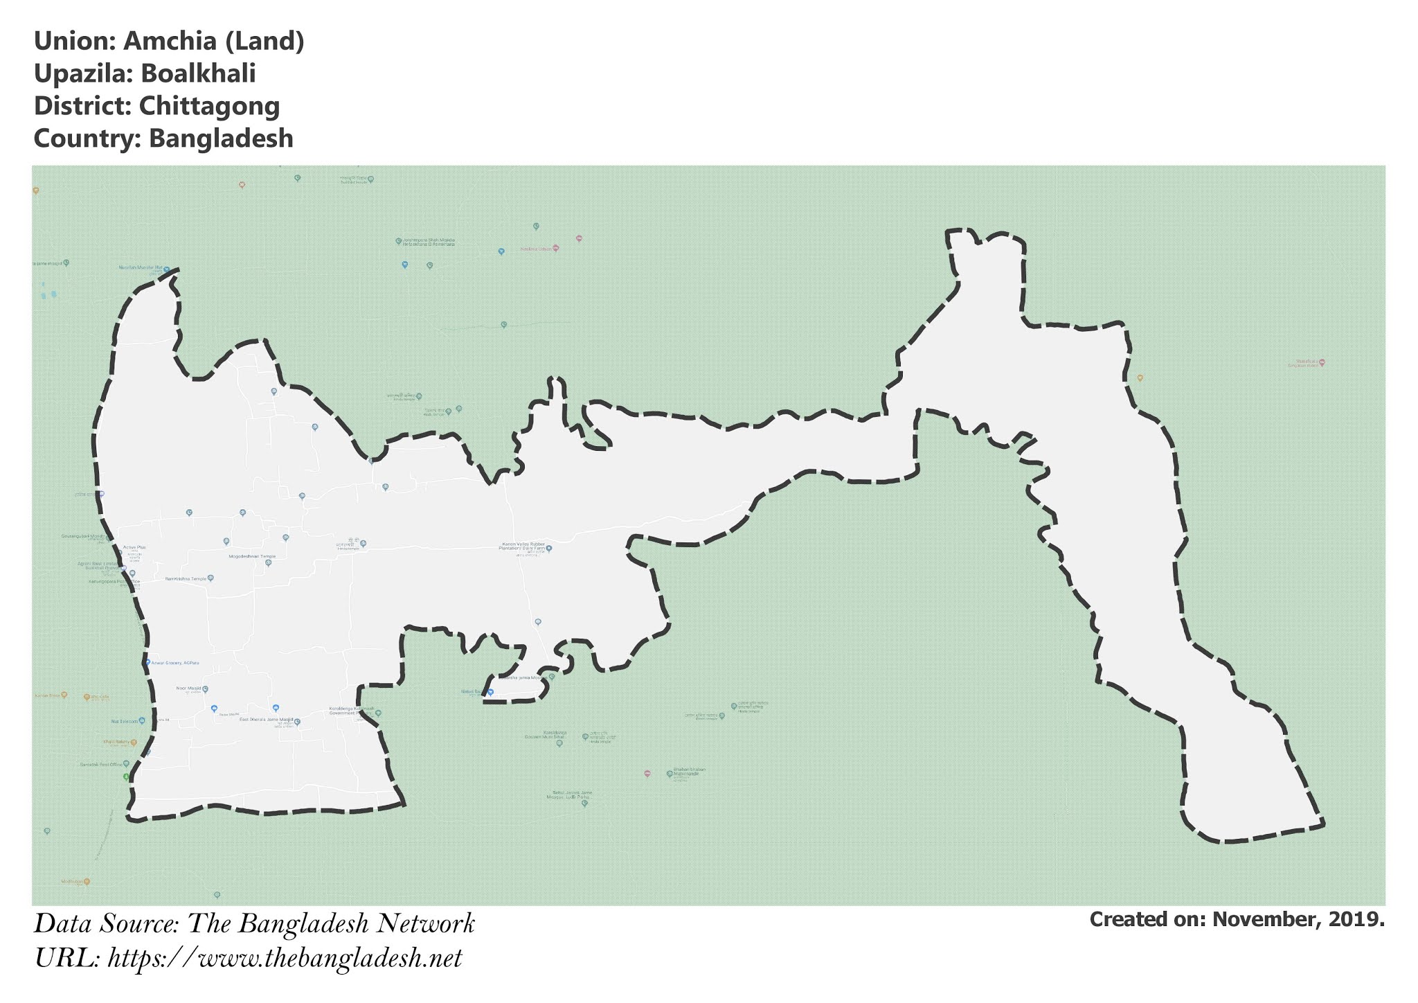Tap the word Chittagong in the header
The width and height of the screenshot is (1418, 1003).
click(209, 107)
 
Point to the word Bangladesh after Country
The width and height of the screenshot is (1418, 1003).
click(221, 139)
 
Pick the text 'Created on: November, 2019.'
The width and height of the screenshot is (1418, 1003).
click(1237, 920)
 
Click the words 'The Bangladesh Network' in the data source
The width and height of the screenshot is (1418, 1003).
click(332, 925)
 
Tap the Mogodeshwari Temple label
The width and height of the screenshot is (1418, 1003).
click(252, 556)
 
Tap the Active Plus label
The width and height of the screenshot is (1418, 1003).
click(134, 547)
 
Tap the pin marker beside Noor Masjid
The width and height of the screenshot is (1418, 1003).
click(206, 689)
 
